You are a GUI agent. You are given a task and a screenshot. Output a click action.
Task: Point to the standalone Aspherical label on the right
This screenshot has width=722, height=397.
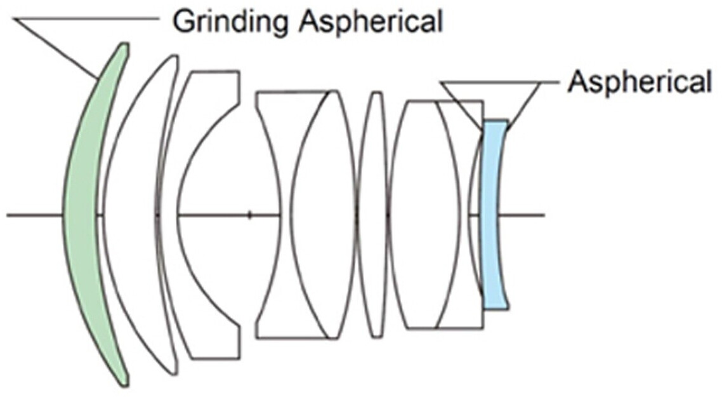point(638,82)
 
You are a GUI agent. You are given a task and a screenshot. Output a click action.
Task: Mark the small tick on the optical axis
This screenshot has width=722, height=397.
point(249,215)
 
